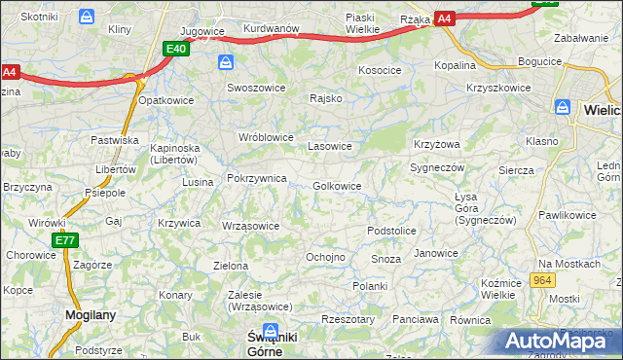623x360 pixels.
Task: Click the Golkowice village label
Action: (338, 186)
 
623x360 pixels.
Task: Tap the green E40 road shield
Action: (176, 50)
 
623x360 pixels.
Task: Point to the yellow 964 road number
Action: (543, 280)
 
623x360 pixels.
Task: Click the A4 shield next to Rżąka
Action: (444, 18)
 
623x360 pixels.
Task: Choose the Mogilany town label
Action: (92, 314)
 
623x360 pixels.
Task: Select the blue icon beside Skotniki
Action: (87, 17)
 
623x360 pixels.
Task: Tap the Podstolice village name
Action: (391, 231)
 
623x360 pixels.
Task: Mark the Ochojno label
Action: (325, 257)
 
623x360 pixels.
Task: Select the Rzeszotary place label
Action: (348, 319)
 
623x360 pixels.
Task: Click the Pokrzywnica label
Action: (256, 179)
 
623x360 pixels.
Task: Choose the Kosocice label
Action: (380, 70)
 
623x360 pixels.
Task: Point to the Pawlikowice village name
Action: (567, 214)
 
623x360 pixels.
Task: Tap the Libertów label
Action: (114, 169)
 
